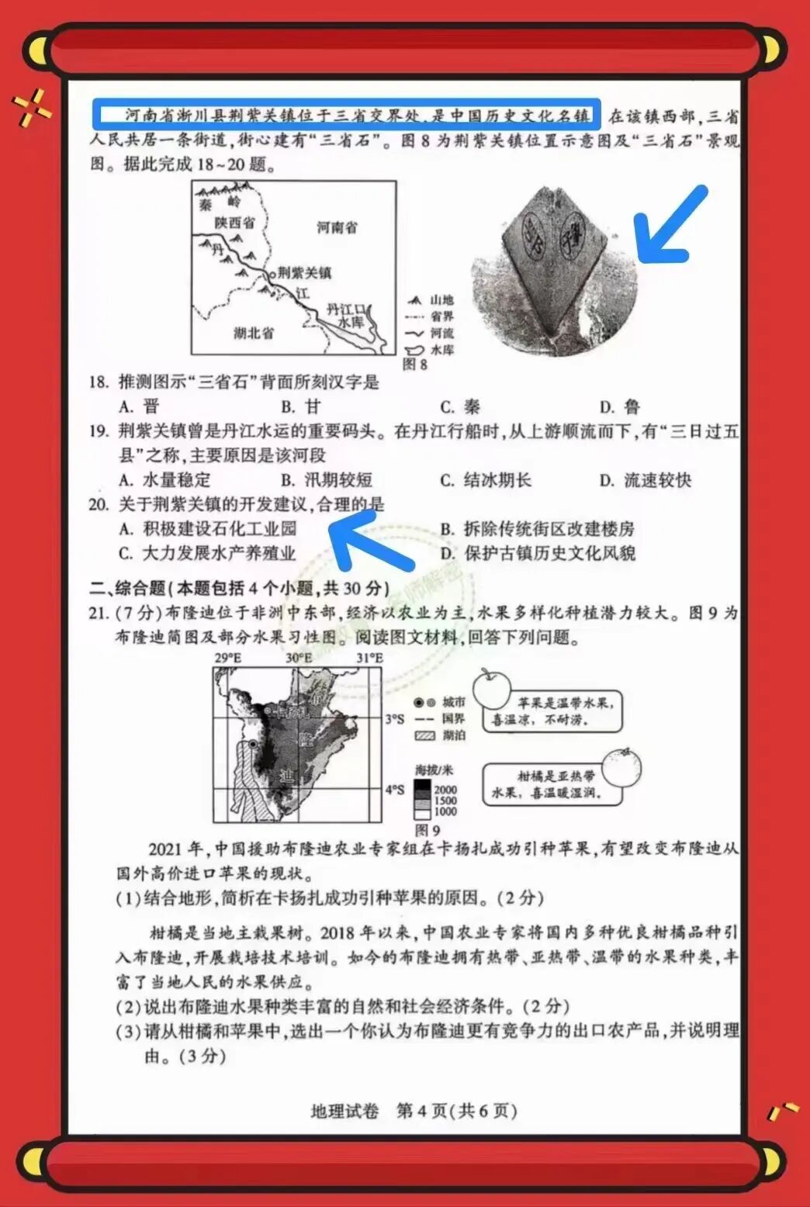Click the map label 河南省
tap(337, 227)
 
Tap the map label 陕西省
tap(234, 223)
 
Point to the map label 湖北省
tap(254, 333)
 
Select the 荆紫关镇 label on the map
tap(304, 273)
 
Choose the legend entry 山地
tap(441, 299)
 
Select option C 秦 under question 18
tap(461, 406)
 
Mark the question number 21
tap(99, 613)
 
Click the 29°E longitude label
tap(228, 659)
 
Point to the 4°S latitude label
tap(395, 790)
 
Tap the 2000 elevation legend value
tap(445, 790)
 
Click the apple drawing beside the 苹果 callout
tap(492, 688)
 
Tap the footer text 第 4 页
tap(422, 1111)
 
